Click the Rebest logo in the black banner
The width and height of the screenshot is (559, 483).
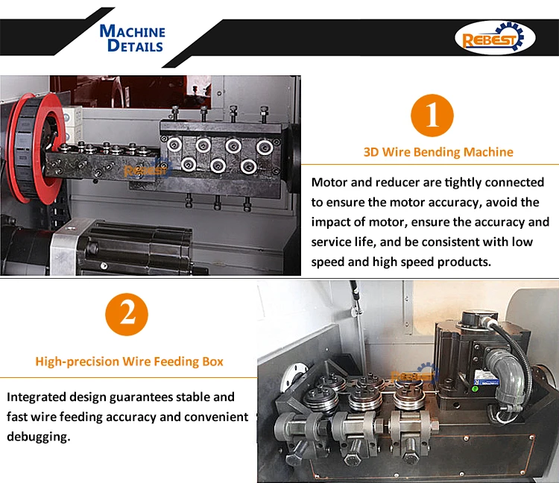(494, 38)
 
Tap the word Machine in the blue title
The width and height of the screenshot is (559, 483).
(132, 31)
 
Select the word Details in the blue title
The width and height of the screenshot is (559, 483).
(135, 45)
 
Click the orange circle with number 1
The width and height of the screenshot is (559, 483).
(432, 115)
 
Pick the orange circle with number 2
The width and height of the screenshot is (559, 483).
(127, 314)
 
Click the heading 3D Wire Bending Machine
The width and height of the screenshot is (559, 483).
(438, 152)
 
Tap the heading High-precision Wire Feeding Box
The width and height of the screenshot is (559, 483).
(129, 362)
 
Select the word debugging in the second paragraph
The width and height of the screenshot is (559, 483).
(39, 437)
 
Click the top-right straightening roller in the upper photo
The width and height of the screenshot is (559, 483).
(265, 148)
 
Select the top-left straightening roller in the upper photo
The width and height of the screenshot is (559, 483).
(174, 145)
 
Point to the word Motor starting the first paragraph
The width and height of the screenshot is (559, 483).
(329, 183)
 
